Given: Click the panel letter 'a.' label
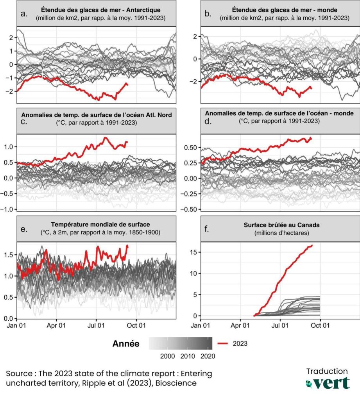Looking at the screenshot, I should click(24, 14).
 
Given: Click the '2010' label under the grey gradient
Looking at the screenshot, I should click(188, 356).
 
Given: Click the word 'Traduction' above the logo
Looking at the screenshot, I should click(327, 371).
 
